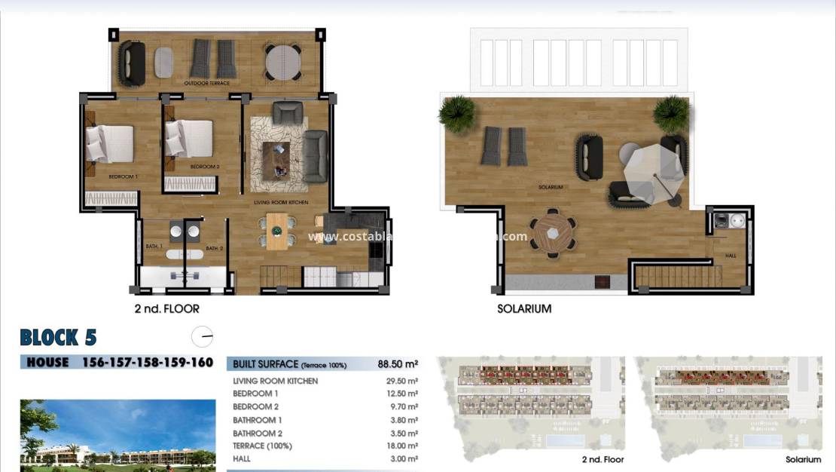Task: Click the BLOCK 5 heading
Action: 58,336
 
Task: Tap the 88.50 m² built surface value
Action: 398,364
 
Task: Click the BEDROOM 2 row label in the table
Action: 255,406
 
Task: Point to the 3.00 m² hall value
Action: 404,458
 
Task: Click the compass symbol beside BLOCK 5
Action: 202,336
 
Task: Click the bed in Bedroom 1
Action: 110,143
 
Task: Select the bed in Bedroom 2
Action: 189,139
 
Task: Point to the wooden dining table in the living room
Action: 277,230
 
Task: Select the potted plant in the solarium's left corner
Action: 457,114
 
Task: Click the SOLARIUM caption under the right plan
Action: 524,308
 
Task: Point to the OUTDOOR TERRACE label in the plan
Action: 207,82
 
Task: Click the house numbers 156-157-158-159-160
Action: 146,363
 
